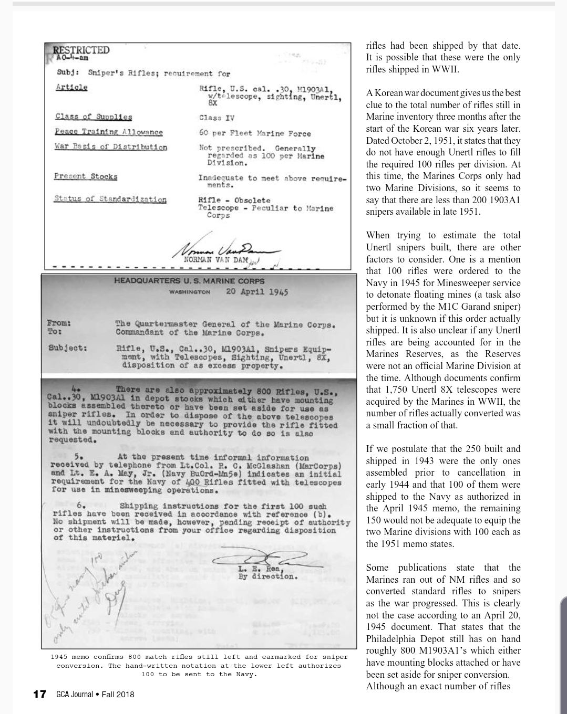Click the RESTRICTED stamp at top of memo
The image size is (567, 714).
coord(81,50)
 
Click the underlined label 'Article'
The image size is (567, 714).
coord(71,87)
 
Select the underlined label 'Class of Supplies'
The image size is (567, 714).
coord(94,117)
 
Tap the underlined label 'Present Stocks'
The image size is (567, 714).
coord(86,176)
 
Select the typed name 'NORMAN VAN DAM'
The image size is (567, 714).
coord(212,259)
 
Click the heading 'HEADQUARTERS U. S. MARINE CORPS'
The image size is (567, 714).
coord(189,281)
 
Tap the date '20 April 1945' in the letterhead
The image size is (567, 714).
coord(257,292)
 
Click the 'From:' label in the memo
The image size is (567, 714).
coord(59,323)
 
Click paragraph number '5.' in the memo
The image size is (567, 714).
coord(80,456)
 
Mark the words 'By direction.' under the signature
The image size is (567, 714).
coord(267,576)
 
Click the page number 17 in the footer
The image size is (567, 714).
coord(40,694)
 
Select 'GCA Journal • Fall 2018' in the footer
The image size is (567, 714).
coord(95,695)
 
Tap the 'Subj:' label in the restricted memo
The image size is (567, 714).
coord(68,73)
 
